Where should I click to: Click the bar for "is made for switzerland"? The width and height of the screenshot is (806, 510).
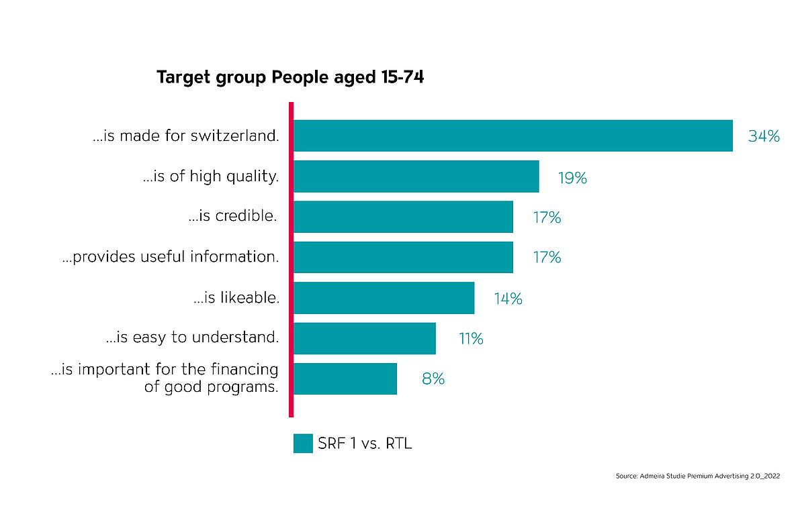[512, 136]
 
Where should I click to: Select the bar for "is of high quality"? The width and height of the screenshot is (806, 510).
[416, 176]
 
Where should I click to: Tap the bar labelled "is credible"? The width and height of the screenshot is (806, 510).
[403, 217]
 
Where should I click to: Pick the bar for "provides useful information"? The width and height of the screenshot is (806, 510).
[403, 257]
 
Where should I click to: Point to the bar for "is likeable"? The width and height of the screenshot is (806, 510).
[384, 298]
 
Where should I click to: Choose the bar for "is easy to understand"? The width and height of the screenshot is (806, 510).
[364, 338]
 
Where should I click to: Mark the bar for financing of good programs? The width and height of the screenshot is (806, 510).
[345, 378]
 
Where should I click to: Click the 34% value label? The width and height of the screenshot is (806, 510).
[764, 136]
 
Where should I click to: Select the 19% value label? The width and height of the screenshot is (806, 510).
[572, 178]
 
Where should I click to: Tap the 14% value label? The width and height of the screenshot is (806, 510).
[508, 299]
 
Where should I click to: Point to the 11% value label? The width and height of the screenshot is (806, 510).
[471, 339]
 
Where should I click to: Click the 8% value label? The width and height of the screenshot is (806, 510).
[433, 379]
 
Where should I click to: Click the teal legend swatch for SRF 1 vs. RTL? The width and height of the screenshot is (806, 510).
[303, 444]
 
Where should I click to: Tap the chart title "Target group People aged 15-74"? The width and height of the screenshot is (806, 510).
[290, 78]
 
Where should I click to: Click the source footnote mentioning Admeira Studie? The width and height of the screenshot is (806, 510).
[697, 476]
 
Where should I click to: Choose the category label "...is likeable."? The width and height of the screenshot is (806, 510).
[236, 298]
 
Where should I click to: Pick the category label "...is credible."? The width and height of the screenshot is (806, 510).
[234, 217]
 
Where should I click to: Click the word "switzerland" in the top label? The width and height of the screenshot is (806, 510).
[238, 136]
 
